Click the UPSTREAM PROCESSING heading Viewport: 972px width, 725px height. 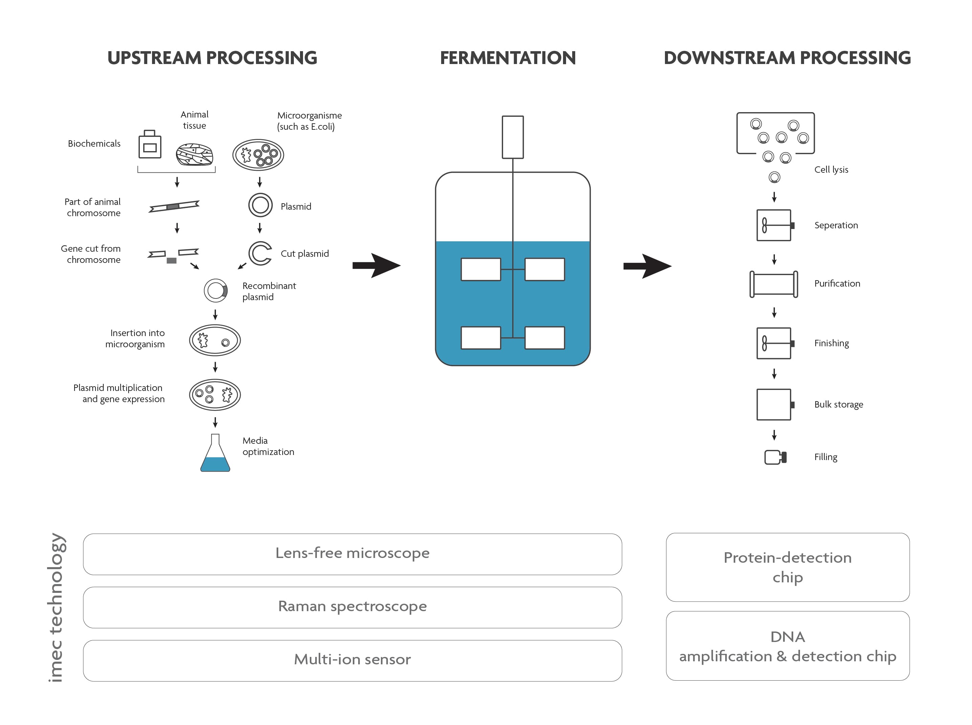point(212,58)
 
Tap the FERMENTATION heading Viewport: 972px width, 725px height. point(507,58)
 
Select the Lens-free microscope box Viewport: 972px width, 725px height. point(352,554)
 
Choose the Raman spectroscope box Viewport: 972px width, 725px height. point(352,607)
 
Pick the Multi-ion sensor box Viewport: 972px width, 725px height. point(352,660)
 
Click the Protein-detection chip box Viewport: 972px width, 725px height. point(787,567)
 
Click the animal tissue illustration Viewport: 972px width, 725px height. point(194,154)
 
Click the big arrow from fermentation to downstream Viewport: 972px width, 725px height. point(647,266)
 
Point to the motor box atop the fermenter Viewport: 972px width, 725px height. point(512,137)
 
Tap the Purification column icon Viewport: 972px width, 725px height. point(774,284)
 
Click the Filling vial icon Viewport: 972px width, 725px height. point(775,457)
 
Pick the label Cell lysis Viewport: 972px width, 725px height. point(831,170)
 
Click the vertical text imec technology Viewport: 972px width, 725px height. point(56,607)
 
